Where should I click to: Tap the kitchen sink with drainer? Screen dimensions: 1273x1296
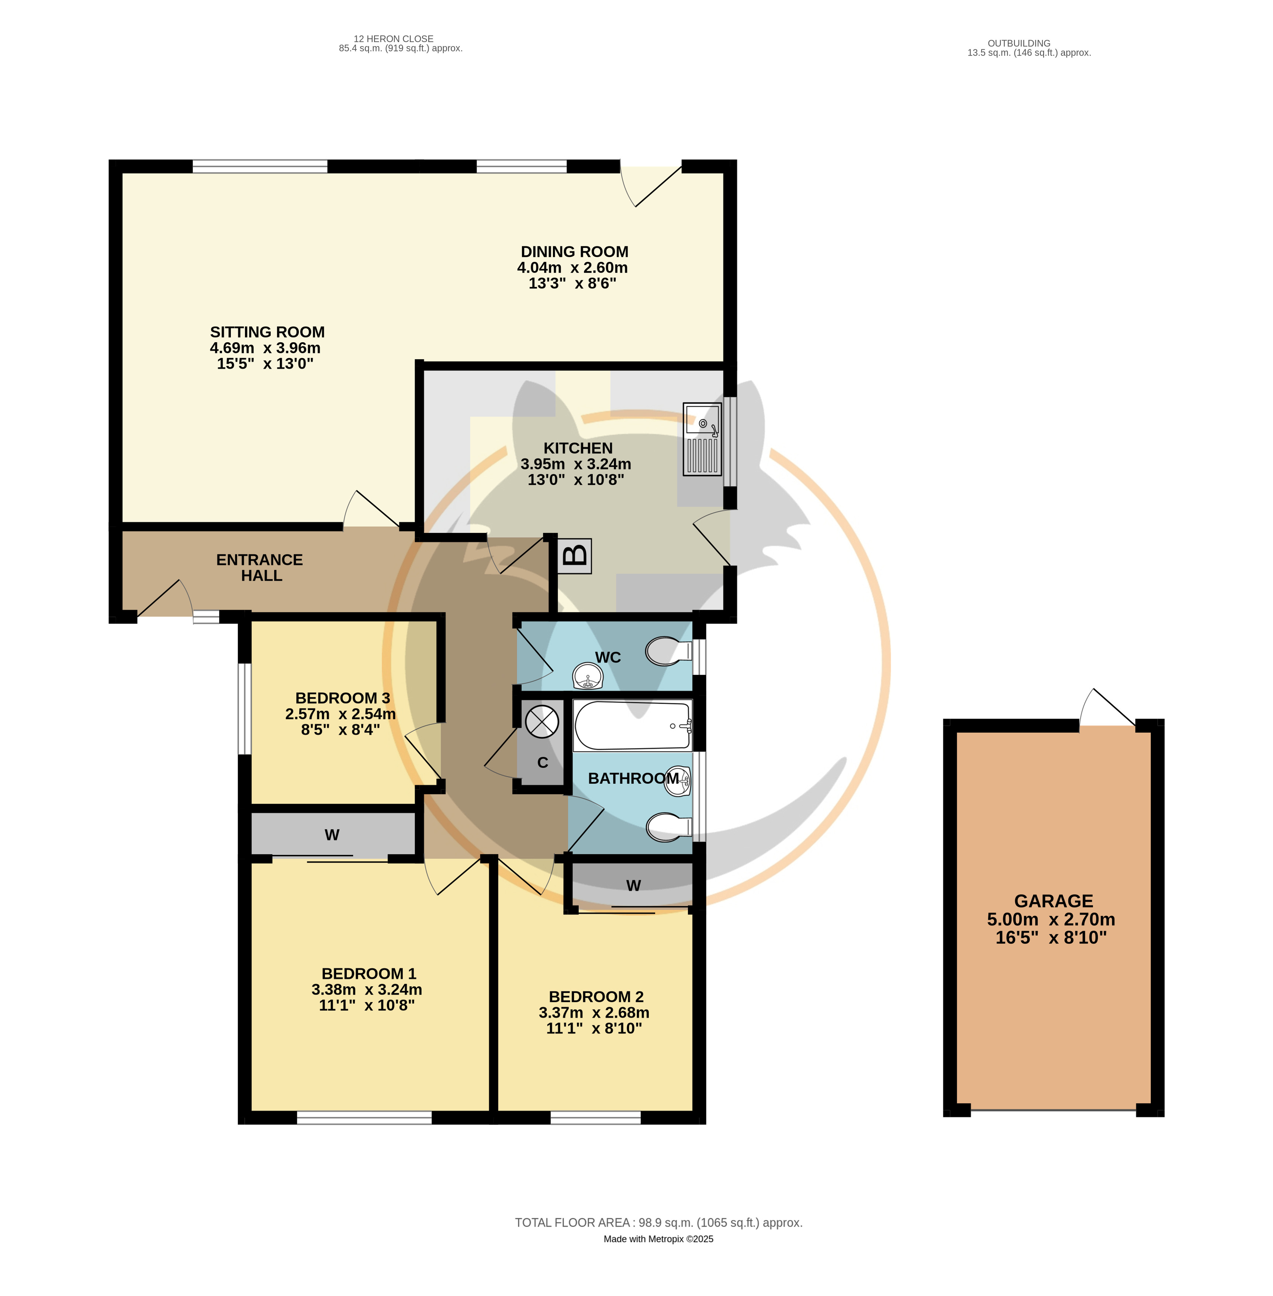[702, 439]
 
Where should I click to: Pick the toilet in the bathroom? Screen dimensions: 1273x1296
[668, 827]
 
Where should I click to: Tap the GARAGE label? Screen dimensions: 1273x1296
[1054, 901]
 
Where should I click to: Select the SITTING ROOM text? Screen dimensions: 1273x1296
[267, 332]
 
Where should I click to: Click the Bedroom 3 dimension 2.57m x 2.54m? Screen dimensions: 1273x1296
[340, 714]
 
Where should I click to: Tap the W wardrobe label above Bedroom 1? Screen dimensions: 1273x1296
[332, 835]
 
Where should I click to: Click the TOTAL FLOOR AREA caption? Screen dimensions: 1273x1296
[658, 1223]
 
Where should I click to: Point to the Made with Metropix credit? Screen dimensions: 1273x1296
[658, 1238]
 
